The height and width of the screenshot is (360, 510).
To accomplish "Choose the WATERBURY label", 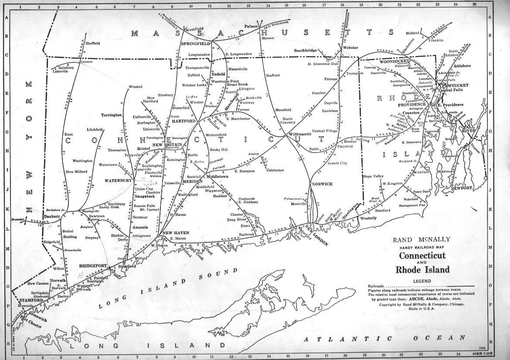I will [117, 180].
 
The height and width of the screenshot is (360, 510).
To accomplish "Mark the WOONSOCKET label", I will [393, 61].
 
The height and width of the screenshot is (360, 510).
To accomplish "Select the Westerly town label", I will [367, 217].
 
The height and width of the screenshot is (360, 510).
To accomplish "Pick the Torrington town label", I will [111, 115].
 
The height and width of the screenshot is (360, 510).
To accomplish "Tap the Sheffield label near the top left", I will [92, 44].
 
